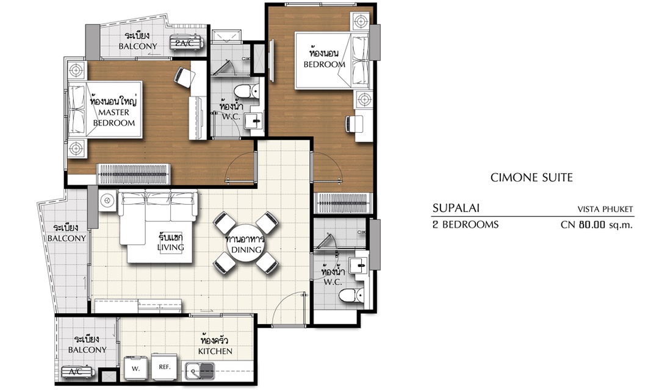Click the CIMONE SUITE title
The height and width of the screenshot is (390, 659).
click(531, 177)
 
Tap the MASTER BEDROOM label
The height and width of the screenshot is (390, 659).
click(114, 118)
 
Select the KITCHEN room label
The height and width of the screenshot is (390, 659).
click(215, 351)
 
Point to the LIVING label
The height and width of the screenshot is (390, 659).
click(171, 247)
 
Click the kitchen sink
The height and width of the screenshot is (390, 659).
click(200, 370)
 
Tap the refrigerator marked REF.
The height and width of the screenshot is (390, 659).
click(165, 367)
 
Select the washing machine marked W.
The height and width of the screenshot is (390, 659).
click(135, 368)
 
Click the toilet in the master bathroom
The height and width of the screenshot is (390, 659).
click(246, 91)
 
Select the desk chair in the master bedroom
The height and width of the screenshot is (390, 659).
click(185, 77)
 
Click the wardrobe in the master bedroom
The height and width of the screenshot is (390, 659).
click(134, 174)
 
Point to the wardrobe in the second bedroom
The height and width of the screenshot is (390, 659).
click(344, 203)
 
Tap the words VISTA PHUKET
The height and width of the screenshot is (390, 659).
click(605, 209)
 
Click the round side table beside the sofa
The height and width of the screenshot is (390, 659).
click(107, 200)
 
